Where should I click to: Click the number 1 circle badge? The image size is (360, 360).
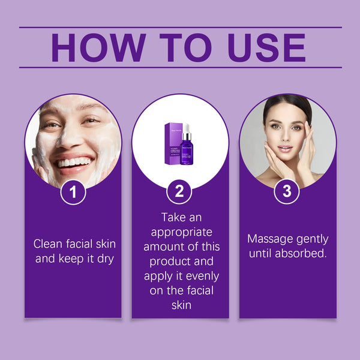(x=73, y=192)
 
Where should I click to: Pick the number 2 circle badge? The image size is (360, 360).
(x=179, y=192)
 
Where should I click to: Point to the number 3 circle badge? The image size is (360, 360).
(x=287, y=192)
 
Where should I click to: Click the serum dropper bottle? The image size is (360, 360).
(x=187, y=150)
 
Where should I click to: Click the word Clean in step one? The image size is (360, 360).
(x=47, y=244)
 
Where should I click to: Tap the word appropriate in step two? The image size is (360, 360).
(x=180, y=232)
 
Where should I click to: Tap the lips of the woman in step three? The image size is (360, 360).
(x=284, y=148)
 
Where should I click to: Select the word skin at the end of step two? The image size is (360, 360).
(x=180, y=305)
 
